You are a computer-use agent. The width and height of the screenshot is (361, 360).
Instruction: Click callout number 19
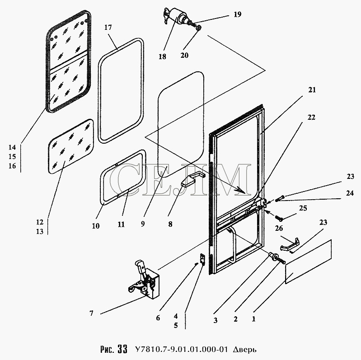[237, 15]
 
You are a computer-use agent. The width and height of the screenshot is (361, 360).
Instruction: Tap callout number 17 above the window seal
[108, 28]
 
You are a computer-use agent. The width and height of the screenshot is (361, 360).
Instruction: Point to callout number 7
[92, 313]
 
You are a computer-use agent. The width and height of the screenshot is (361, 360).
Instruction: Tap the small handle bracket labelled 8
[190, 178]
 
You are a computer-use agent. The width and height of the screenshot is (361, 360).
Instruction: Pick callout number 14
[12, 147]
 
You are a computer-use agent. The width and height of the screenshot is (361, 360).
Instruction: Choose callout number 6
[158, 318]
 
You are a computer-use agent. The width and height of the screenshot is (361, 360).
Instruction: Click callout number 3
[216, 320]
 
